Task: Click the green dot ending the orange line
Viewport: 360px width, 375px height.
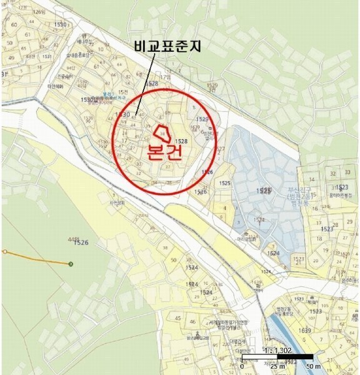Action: pos(71,264)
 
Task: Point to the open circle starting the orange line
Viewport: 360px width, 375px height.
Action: pos(4,252)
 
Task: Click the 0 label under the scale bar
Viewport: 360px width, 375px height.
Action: pos(242,366)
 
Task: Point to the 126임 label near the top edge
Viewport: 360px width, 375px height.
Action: pos(40,12)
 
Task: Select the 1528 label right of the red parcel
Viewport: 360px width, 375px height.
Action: pos(181,141)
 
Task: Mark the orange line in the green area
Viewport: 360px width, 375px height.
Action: pos(37,258)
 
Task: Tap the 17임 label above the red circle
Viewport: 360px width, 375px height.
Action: pos(165,77)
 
